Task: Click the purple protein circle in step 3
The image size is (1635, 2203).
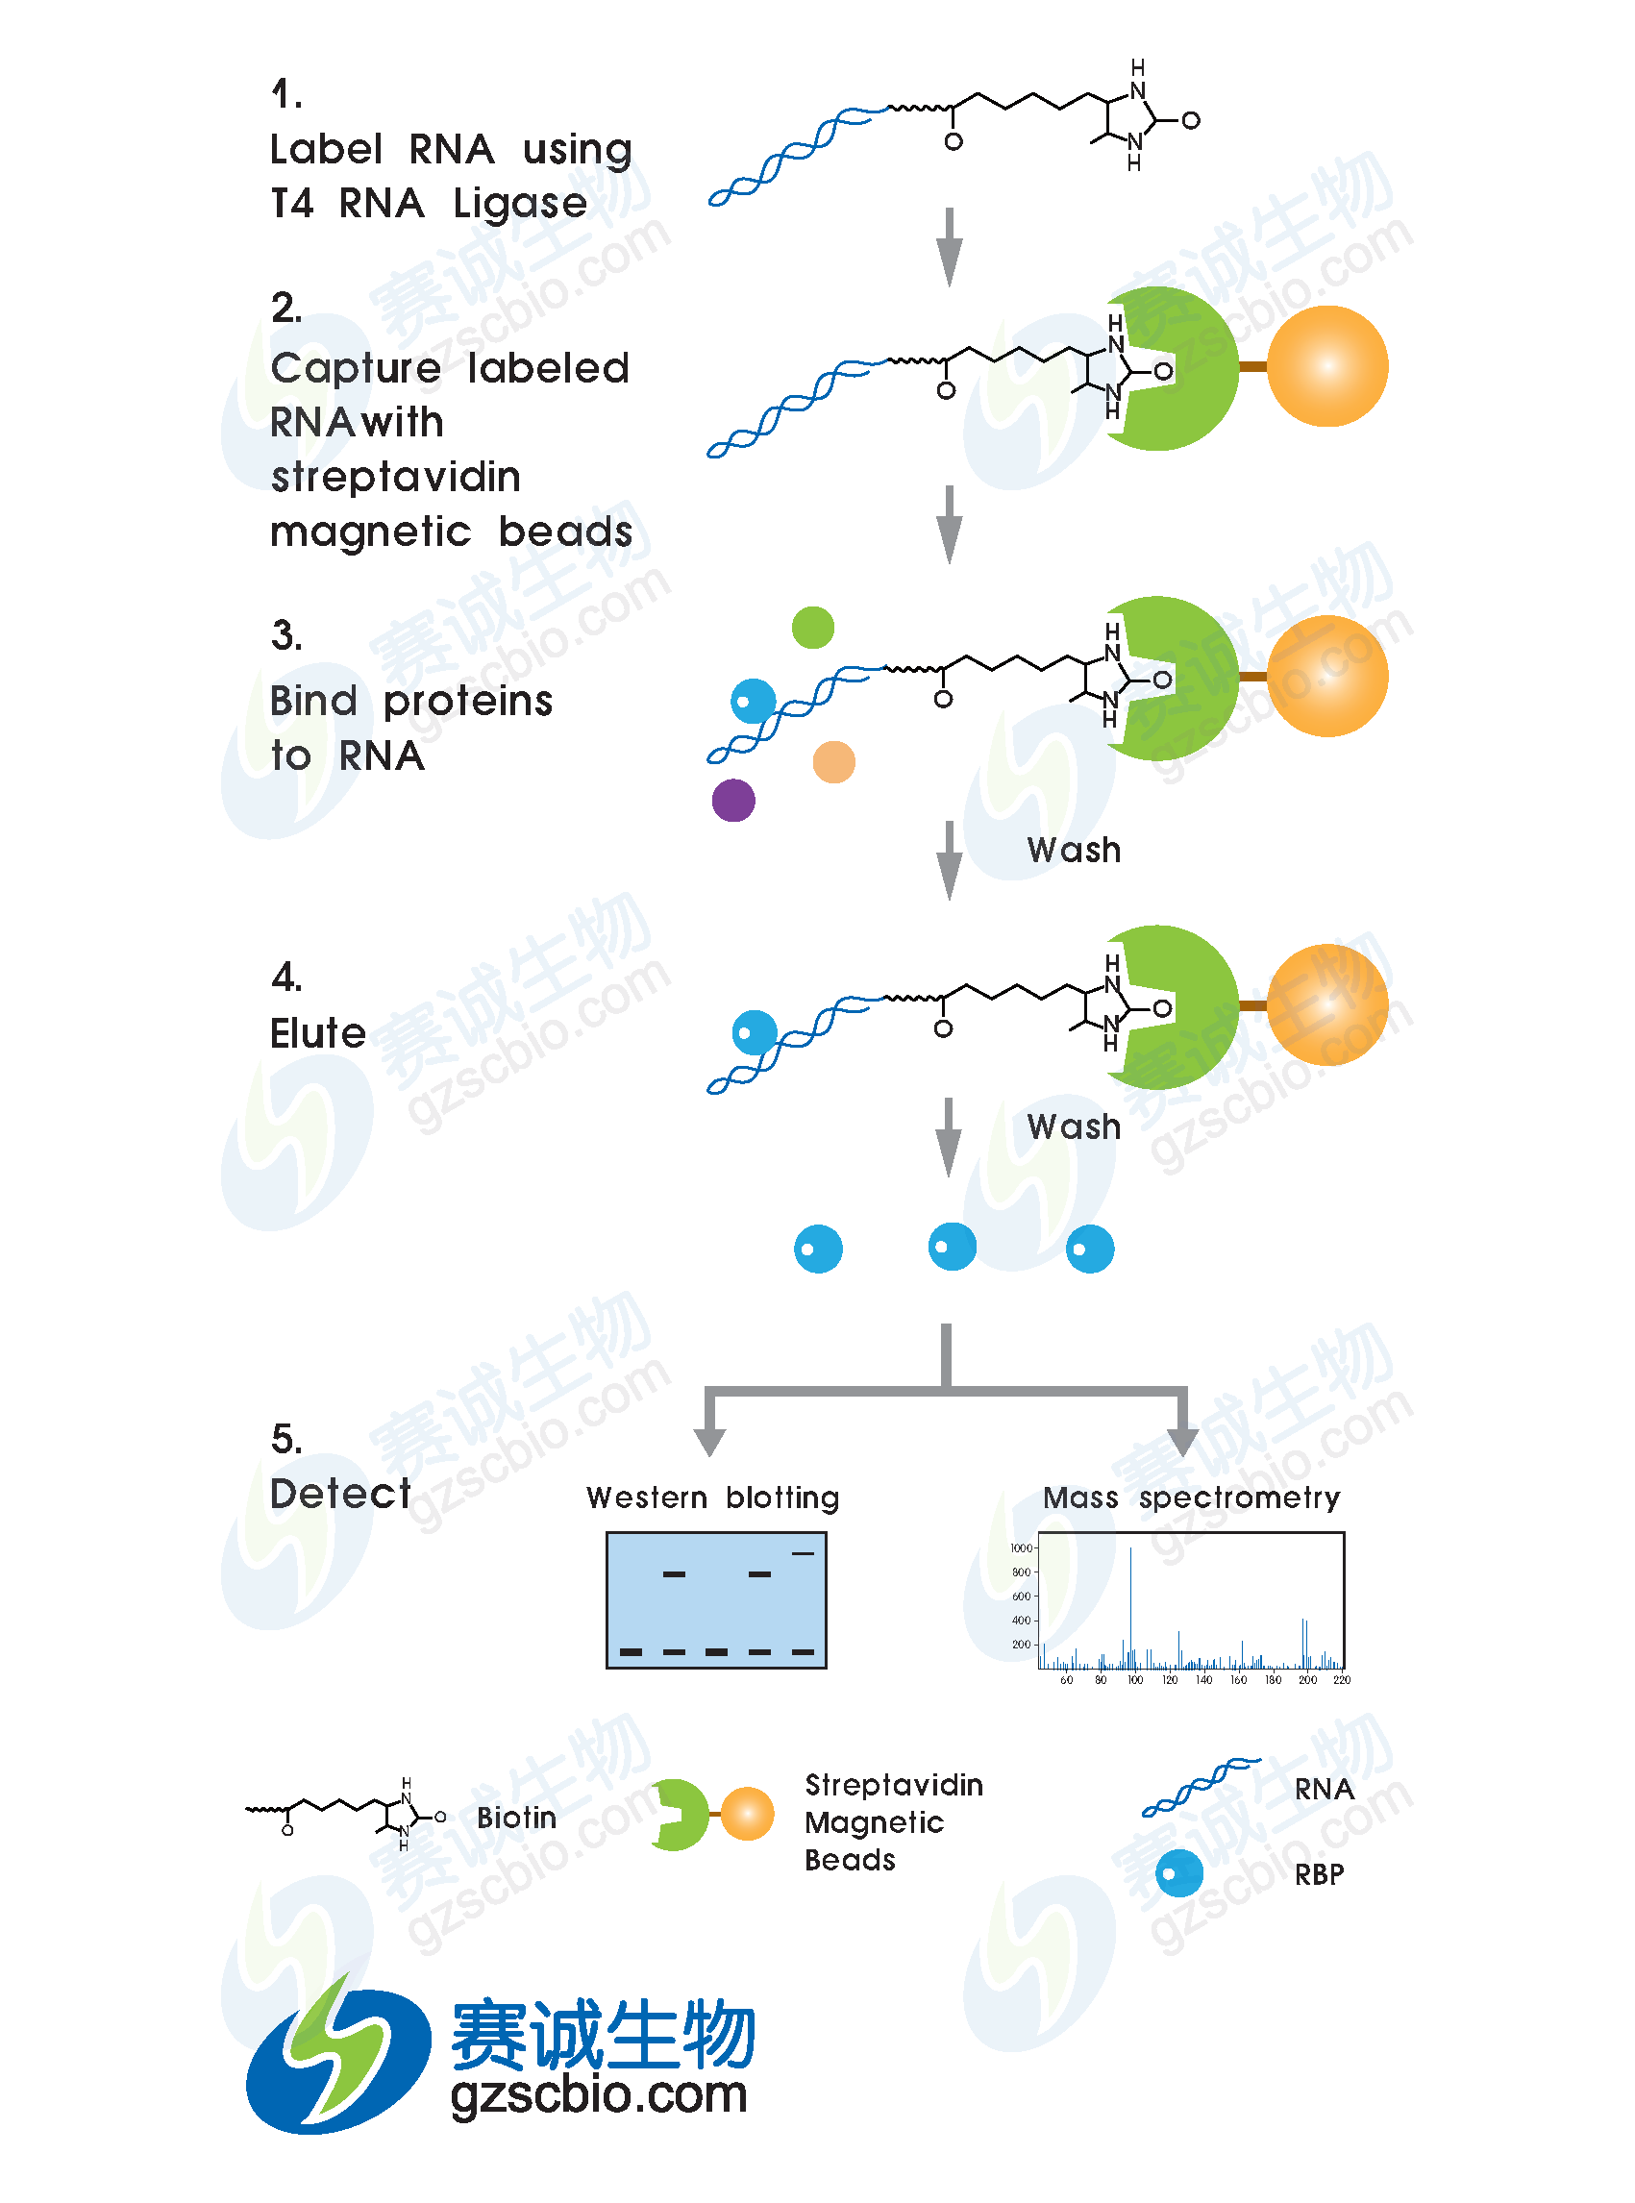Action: (733, 800)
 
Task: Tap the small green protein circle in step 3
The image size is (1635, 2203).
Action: (812, 628)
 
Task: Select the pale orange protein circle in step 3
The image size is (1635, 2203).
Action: (833, 762)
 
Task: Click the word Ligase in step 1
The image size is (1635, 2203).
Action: (520, 204)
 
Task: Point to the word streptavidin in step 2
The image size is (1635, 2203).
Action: (396, 477)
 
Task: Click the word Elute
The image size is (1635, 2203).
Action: (318, 1033)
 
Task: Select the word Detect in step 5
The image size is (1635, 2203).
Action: (340, 1494)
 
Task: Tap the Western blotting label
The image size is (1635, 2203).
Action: (712, 1498)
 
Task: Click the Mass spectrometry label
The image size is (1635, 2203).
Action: (1192, 1498)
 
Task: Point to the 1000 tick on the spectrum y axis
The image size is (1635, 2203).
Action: (1022, 1547)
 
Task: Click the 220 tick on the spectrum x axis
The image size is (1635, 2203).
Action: (1341, 1679)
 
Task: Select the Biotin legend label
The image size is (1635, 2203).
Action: (515, 1818)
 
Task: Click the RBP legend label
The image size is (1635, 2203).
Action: (1320, 1874)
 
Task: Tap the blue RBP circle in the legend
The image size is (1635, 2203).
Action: (1178, 1873)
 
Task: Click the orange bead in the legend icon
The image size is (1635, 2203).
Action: (747, 1814)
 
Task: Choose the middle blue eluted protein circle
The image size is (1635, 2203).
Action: (953, 1246)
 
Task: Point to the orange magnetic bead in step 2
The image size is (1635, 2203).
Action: (1327, 366)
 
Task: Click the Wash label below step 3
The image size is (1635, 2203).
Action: (1074, 850)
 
